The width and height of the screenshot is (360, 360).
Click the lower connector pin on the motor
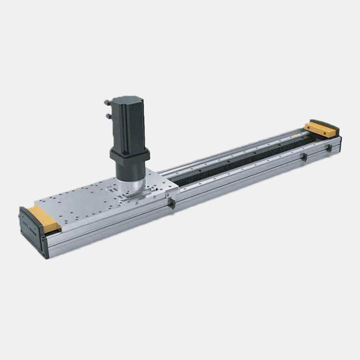108,116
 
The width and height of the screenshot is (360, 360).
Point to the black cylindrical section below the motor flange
130,171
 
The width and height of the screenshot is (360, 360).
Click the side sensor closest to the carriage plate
171,204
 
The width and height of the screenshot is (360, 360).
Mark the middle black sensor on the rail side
304,157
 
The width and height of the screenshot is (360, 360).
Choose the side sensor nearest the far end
329,148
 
